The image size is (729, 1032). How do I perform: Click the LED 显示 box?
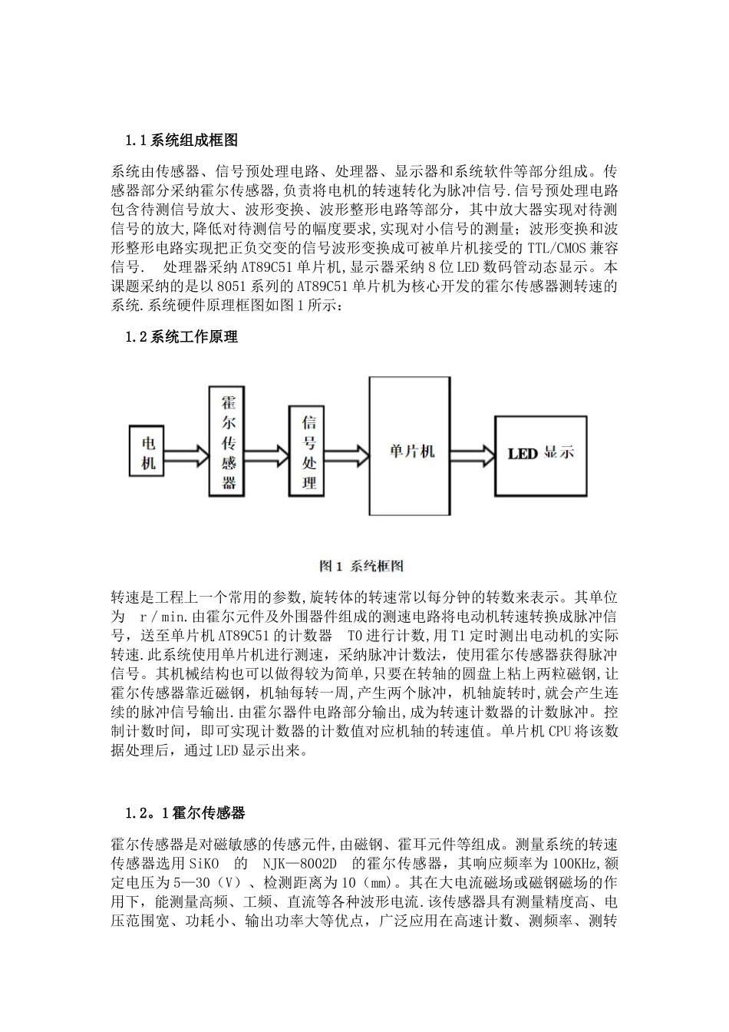tap(541, 453)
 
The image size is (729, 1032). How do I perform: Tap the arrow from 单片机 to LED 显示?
tap(473, 452)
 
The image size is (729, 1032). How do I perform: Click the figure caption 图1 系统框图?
tap(361, 567)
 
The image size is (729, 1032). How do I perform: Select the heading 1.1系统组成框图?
tap(182, 140)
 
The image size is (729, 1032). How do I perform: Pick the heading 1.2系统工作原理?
tap(182, 336)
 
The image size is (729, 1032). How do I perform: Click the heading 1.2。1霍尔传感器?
tap(185, 812)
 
